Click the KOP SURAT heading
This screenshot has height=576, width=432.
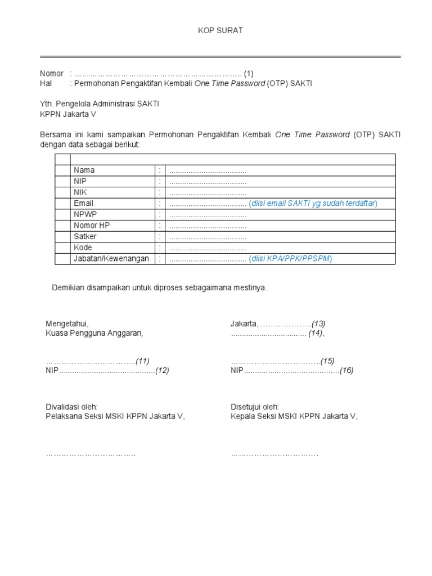220,30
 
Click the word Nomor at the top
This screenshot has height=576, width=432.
51,74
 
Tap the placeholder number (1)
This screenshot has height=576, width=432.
249,74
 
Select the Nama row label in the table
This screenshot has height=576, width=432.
84,170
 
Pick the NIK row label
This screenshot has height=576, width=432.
80,192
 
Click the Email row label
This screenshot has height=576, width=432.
83,203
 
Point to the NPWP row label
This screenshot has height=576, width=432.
84,214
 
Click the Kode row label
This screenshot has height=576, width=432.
83,247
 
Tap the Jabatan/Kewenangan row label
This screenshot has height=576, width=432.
111,259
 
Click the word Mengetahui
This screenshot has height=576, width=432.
67,323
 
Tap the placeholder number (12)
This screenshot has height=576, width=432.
163,371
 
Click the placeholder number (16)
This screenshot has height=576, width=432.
346,371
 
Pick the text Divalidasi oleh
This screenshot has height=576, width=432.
71,407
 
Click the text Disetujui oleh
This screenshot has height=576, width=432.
254,407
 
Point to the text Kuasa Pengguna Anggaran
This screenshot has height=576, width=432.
94,334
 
